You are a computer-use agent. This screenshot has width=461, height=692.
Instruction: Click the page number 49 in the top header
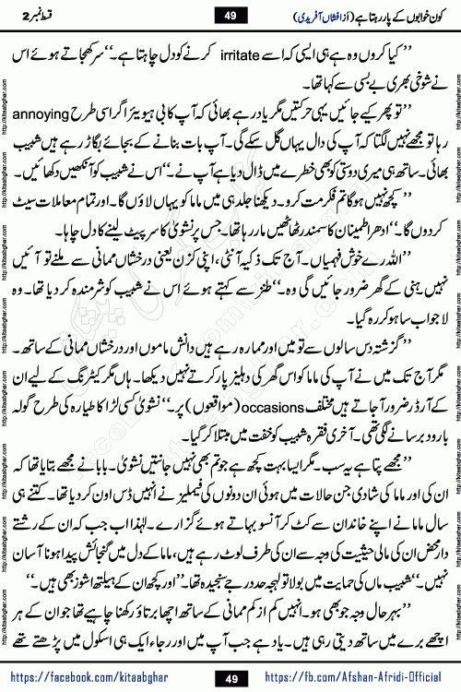(230, 16)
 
